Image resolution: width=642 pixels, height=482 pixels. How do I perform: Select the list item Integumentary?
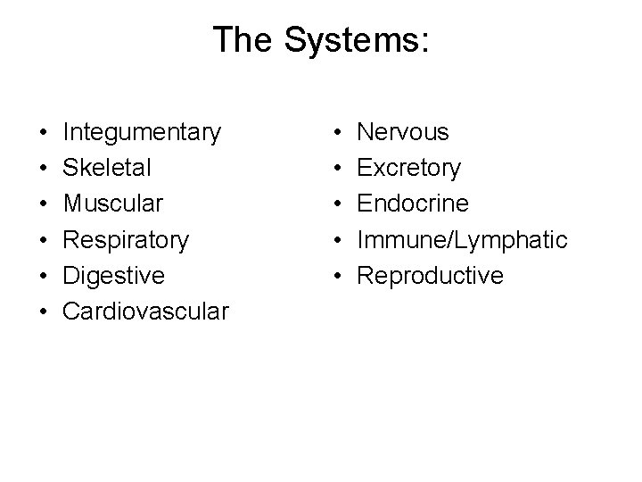coord(142,133)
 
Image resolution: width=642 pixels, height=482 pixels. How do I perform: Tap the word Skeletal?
coord(107,169)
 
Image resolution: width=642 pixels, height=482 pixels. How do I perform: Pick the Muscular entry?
coord(113,204)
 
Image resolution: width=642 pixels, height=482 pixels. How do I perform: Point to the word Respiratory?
coord(126,240)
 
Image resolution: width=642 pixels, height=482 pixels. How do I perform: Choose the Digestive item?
coord(114,276)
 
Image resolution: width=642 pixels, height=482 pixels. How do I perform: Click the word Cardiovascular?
coord(146,312)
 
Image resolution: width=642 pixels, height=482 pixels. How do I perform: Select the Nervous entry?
coord(403,133)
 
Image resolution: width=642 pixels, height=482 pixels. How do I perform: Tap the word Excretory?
coord(409,169)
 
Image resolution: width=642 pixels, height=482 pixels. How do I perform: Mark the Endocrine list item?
coord(413,204)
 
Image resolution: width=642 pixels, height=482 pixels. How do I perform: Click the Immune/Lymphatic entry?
coord(462,240)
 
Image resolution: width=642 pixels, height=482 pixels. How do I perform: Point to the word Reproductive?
coord(430,276)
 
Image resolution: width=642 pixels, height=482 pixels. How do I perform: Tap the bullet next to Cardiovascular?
coord(44,313)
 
